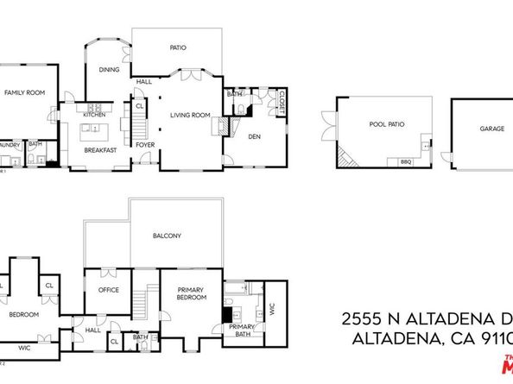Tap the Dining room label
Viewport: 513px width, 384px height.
coord(109,71)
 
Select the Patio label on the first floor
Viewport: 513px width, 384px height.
coord(178,48)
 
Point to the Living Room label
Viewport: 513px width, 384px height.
coord(190,115)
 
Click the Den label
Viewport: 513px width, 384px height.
coord(255,135)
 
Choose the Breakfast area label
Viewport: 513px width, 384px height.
coord(100,148)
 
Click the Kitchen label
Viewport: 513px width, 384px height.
coord(94,115)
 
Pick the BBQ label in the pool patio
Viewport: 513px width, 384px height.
coord(406,161)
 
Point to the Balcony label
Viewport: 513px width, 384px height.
coord(167,236)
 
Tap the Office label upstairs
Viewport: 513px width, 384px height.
coord(109,290)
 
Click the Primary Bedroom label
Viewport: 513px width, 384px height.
coord(192,293)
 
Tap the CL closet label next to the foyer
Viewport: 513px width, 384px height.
coord(139,106)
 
